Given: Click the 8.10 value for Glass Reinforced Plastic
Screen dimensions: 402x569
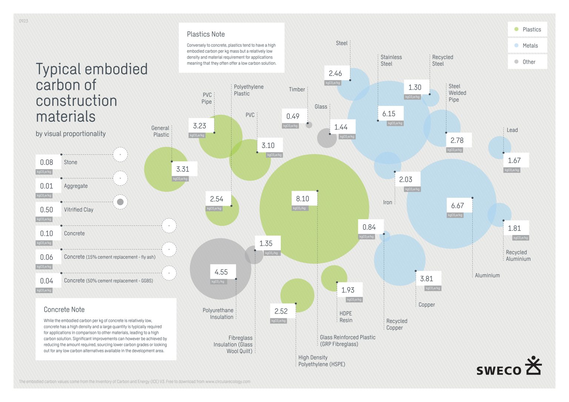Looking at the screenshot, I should tap(303, 199).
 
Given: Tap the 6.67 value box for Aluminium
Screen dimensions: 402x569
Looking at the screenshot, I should tap(457, 206).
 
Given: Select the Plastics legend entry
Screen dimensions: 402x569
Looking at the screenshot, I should tap(528, 30).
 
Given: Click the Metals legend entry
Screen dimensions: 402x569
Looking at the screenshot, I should tap(528, 46).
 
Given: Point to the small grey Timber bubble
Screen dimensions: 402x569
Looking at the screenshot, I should tap(309, 125).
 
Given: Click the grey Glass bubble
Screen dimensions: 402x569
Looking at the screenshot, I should tap(326, 138).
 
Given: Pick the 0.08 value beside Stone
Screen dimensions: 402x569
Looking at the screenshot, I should tap(47, 163).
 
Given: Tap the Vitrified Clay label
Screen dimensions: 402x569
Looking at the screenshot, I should tap(79, 210).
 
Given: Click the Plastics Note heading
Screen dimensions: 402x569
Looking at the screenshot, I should tap(206, 34).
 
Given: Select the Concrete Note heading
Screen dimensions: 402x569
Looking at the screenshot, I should tap(64, 310).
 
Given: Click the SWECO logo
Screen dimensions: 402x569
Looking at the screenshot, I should tap(509, 367).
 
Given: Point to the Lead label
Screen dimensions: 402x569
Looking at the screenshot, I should tap(512, 130).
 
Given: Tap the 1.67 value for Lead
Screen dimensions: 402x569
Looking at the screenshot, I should tap(514, 161).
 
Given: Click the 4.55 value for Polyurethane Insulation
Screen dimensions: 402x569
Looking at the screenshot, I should tap(221, 272).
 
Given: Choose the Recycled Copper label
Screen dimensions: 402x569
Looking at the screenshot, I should tap(397, 325).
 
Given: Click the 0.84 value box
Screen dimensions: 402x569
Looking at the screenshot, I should tap(369, 227).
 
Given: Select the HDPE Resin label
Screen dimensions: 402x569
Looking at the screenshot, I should tap(346, 317).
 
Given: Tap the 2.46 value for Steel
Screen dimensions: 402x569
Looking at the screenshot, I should tap(335, 74).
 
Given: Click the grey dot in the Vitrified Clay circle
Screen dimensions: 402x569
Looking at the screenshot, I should tap(120, 202).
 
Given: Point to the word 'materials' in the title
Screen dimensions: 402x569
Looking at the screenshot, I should tap(66, 117).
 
